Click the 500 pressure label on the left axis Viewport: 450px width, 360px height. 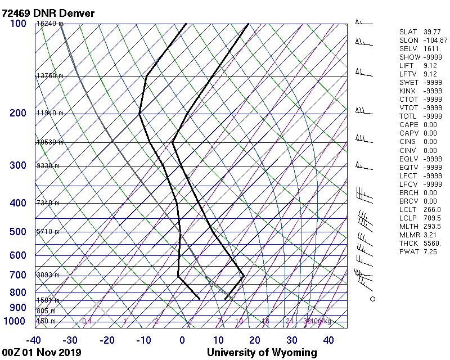(x=18, y=232)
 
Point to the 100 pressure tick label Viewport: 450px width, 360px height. (x=18, y=24)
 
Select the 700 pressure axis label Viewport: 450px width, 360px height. (x=18, y=275)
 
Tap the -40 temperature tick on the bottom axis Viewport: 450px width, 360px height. (x=34, y=340)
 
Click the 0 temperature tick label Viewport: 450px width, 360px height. (x=182, y=340)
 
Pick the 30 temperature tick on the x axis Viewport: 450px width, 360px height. (x=291, y=340)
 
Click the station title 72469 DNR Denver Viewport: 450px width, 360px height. (x=48, y=13)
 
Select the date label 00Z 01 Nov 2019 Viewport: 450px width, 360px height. (x=42, y=353)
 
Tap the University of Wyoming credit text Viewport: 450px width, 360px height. (x=262, y=353)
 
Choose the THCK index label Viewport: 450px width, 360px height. (x=408, y=243)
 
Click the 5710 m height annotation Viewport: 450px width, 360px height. (x=48, y=232)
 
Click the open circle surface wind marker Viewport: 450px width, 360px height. (x=372, y=299)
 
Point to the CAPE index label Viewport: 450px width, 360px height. (x=409, y=125)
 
